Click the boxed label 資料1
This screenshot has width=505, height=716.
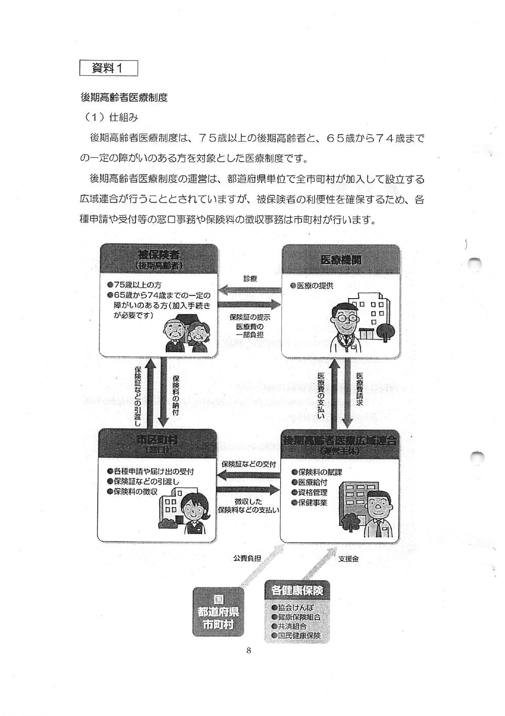tap(109, 68)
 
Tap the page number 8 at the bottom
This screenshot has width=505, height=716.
tap(248, 650)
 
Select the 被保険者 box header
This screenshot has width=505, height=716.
tap(159, 259)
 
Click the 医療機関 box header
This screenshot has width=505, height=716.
tap(341, 260)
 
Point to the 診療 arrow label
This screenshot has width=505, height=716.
tap(250, 278)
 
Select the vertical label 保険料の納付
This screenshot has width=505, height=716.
tap(176, 395)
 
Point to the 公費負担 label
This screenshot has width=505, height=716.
tap(247, 558)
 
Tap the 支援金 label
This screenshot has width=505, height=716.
tap(348, 559)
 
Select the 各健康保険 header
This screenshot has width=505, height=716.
tap(297, 590)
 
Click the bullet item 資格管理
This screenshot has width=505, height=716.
tap(312, 492)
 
